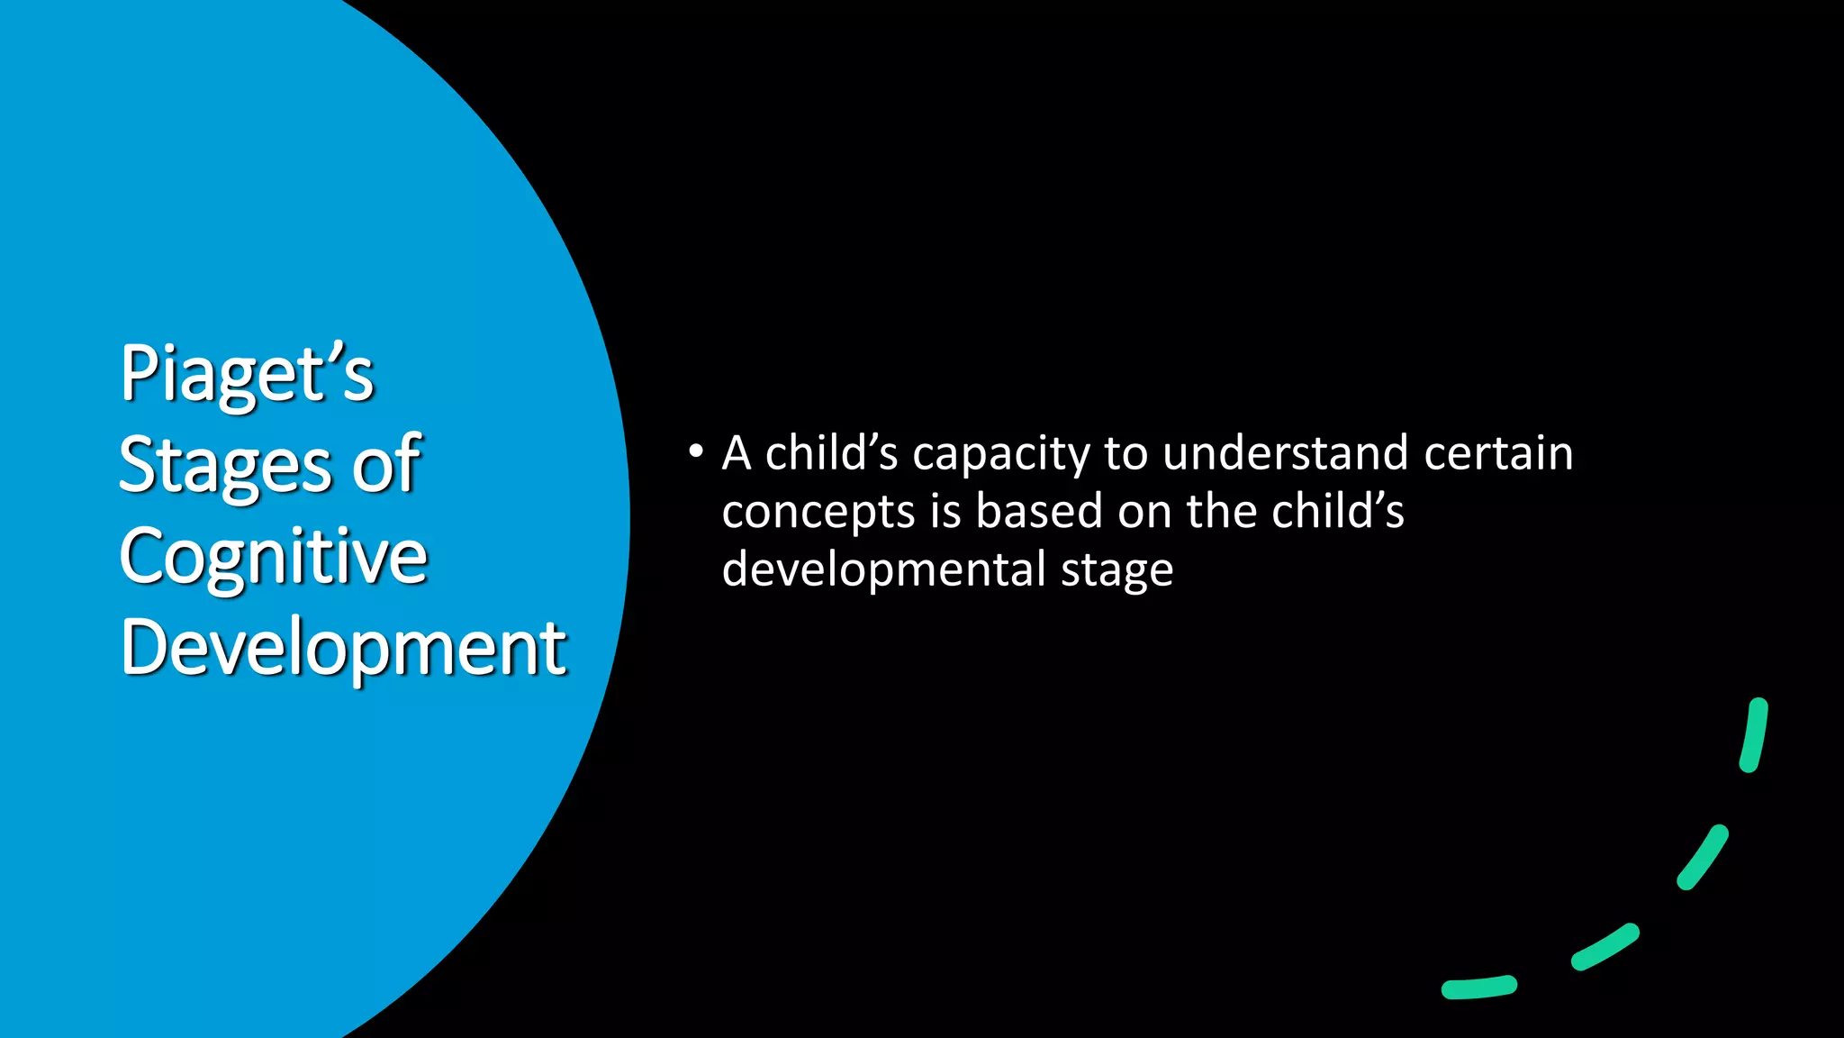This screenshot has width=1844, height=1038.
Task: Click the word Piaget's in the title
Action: (x=247, y=373)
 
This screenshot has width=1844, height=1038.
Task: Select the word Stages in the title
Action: (x=225, y=465)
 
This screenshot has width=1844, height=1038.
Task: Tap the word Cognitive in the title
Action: (x=273, y=557)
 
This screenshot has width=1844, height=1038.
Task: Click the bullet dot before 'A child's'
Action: (x=695, y=451)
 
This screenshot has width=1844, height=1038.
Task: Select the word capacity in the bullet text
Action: (x=1000, y=454)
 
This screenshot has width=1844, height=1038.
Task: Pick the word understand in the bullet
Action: (x=1285, y=452)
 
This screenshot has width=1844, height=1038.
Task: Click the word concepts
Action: (x=818, y=512)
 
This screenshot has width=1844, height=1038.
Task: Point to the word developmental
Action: (x=883, y=569)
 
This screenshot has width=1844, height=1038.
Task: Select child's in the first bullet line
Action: (x=831, y=452)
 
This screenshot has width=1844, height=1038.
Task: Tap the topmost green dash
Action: (x=1754, y=734)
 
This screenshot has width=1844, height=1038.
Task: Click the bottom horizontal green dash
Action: (x=1478, y=988)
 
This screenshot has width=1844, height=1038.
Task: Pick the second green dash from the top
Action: (x=1703, y=857)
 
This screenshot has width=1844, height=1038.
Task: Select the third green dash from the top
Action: (x=1604, y=946)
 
